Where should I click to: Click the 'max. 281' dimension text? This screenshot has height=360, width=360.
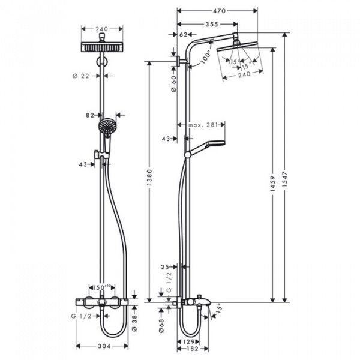(201, 125)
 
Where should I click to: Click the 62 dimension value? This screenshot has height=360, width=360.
(184, 35)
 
